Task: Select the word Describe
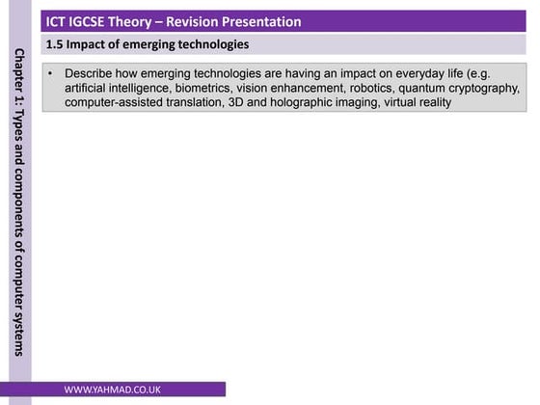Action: point(93,74)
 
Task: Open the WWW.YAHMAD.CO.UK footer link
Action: point(113,391)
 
